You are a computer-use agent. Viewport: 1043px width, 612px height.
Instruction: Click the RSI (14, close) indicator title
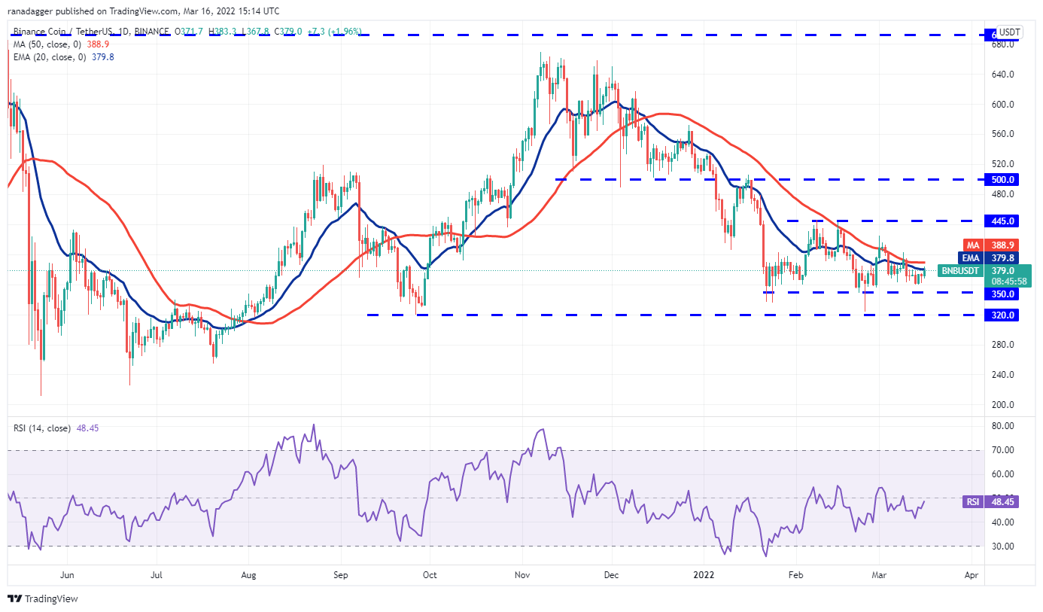[42, 428]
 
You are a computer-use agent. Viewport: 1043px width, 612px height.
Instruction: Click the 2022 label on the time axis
[703, 575]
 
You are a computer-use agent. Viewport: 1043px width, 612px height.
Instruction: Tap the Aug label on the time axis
[249, 575]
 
